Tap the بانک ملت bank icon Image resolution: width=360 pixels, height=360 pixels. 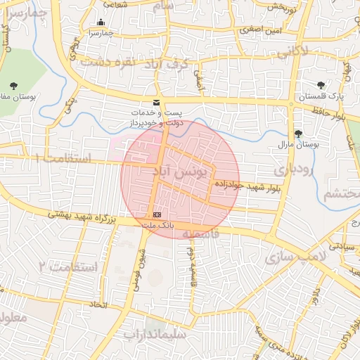click(157, 214)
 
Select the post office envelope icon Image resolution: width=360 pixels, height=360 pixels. click(156, 103)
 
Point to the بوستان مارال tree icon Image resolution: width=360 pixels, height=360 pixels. click(298, 133)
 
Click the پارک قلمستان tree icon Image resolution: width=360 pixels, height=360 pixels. click(321, 85)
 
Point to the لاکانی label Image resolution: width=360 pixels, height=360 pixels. click(293, 52)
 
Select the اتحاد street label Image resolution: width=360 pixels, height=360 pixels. click(98, 304)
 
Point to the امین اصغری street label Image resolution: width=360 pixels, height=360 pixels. click(260, 30)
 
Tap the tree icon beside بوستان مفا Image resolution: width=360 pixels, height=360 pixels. click(13, 85)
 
